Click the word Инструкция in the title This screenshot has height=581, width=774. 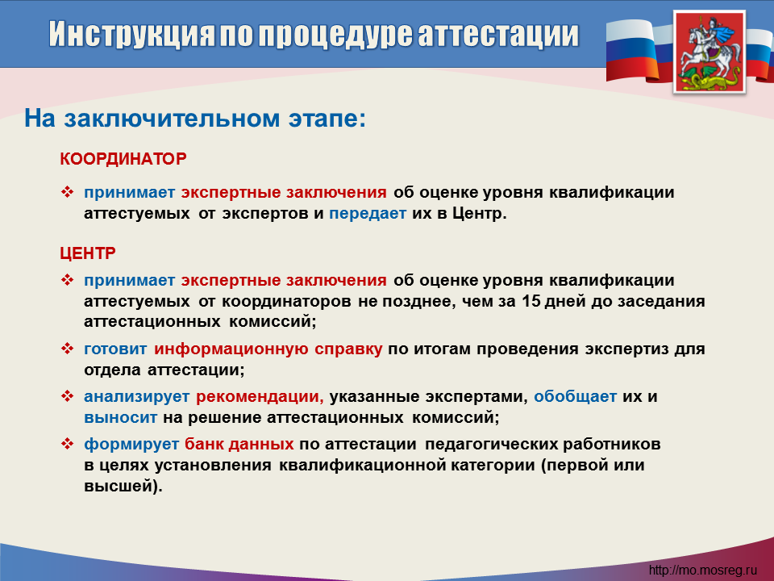tap(131, 34)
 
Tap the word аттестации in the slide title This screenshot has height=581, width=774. tap(498, 34)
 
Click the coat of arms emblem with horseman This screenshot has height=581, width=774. tap(709, 52)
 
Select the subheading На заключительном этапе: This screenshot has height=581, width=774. tap(195, 119)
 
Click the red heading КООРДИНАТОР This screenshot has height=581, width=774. tap(123, 159)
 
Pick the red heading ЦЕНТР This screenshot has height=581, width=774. tap(88, 253)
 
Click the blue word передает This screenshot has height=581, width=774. tap(368, 213)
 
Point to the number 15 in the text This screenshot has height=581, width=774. tap(531, 301)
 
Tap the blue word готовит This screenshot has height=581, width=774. tap(115, 349)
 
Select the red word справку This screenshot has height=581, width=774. tap(348, 349)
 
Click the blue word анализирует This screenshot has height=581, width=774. tap(137, 397)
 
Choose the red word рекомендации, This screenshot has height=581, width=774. tap(260, 397)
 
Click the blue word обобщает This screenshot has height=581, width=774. tap(575, 397)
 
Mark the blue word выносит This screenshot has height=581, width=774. tap(120, 418)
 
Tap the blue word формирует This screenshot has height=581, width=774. tap(131, 444)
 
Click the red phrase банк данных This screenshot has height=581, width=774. tap(239, 444)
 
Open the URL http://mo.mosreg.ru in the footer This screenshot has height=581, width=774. tap(702, 571)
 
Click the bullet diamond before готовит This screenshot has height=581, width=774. tap(67, 349)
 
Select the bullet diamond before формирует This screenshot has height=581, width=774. tap(67, 444)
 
